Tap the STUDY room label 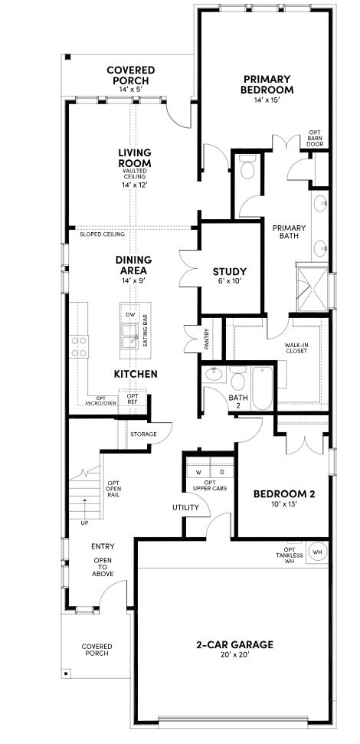[229, 271]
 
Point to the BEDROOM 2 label [284, 495]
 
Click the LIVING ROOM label [134, 158]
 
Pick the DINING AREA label [133, 264]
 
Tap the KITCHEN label [136, 374]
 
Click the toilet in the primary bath [247, 169]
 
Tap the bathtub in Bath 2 [262, 388]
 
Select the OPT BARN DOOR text [315, 138]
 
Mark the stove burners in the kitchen [80, 346]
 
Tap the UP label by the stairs [84, 523]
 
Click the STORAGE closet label [143, 434]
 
